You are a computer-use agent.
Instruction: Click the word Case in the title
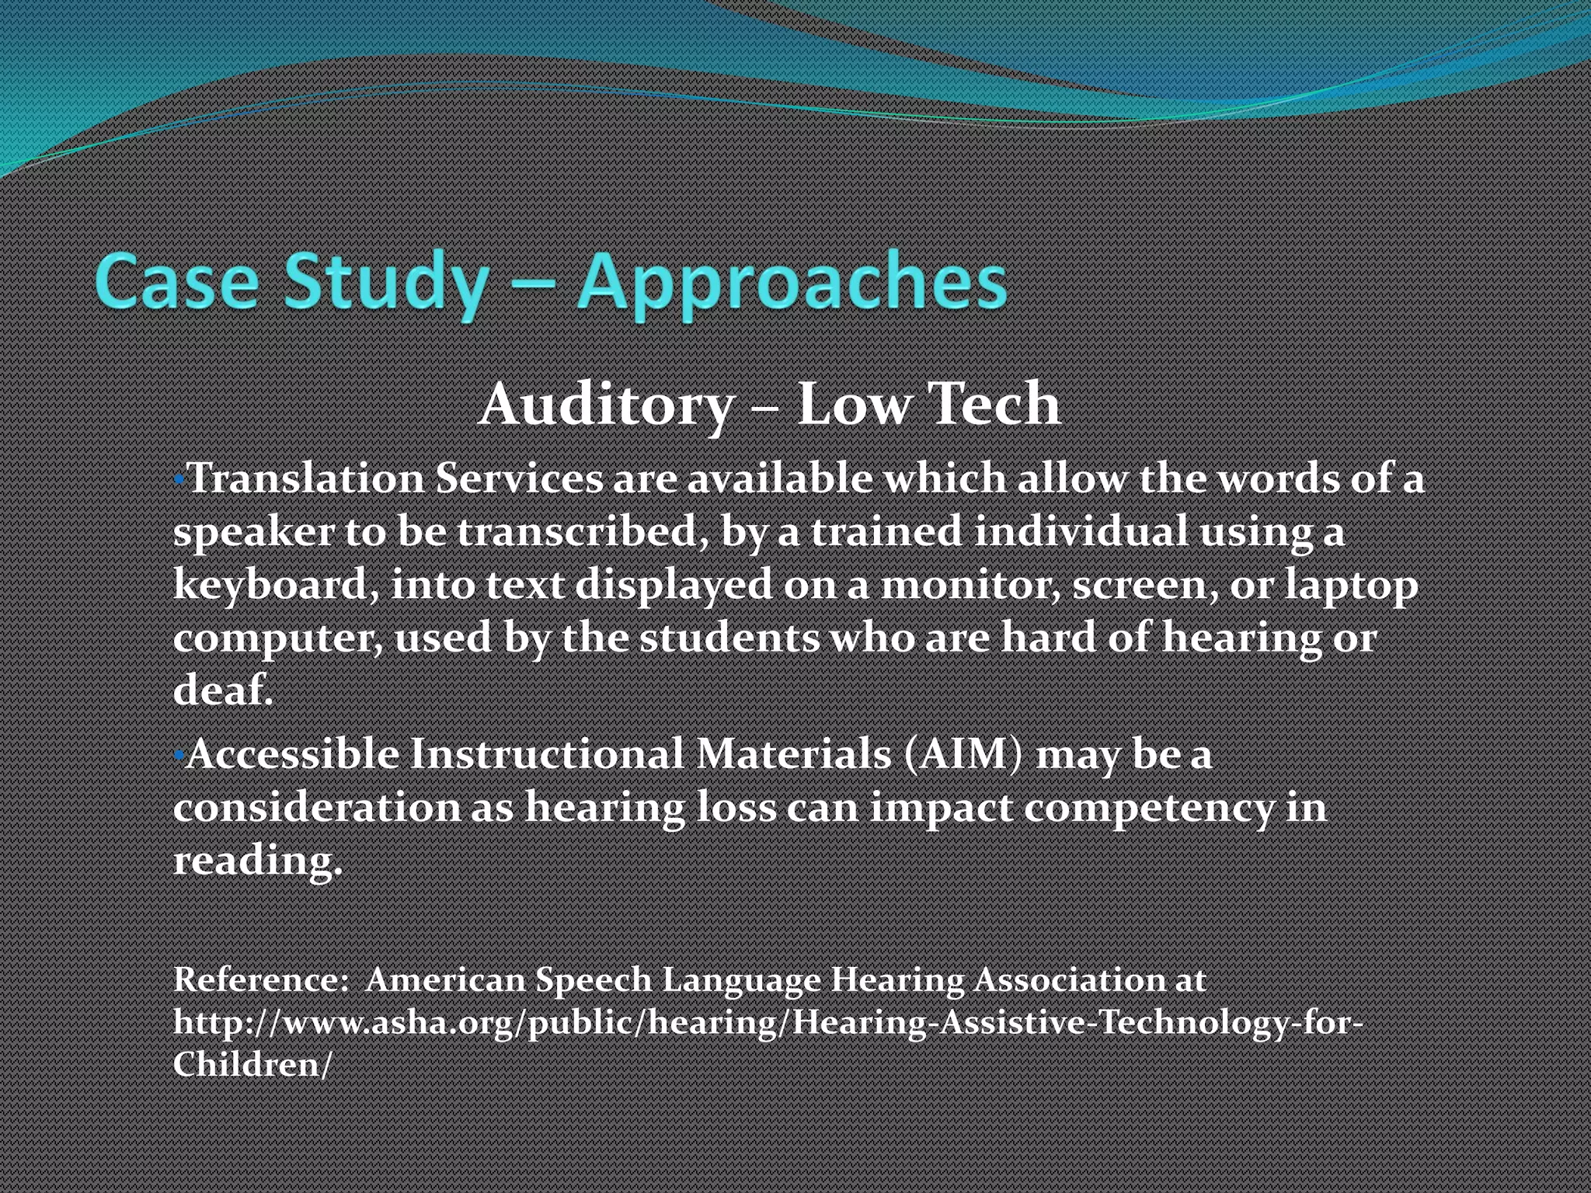click(x=176, y=281)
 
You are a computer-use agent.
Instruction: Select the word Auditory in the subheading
click(x=606, y=405)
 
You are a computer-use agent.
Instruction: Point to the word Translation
click(x=305, y=478)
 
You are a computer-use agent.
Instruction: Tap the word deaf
click(x=222, y=690)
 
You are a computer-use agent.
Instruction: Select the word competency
click(x=1149, y=808)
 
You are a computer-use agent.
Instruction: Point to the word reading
click(x=256, y=861)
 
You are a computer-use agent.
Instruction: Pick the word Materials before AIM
click(x=793, y=754)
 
